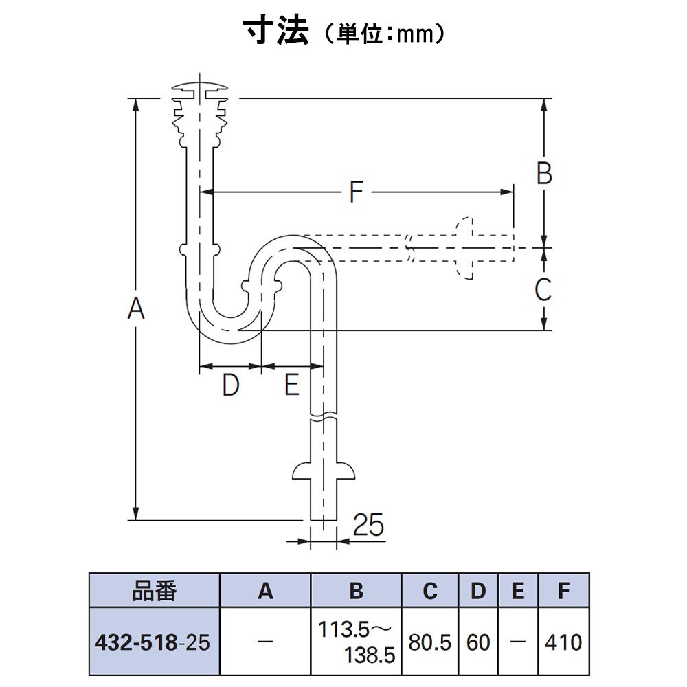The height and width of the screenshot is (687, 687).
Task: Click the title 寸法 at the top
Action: click(x=276, y=31)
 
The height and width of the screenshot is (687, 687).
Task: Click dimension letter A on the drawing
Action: click(x=136, y=308)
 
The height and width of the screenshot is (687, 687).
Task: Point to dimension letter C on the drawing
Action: click(x=543, y=289)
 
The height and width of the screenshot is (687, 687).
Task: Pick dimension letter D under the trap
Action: click(x=231, y=385)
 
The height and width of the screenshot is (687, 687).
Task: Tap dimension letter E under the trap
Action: click(x=292, y=384)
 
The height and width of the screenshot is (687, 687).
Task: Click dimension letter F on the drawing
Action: click(x=357, y=192)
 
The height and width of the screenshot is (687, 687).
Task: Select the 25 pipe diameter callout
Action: click(x=368, y=524)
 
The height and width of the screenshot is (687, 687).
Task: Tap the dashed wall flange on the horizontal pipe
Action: click(x=464, y=247)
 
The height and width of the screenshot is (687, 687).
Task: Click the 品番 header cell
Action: click(x=154, y=590)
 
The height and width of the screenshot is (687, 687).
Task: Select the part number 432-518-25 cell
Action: click(x=154, y=642)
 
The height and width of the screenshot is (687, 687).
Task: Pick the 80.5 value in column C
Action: click(x=430, y=643)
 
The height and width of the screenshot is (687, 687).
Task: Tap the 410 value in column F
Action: click(x=563, y=643)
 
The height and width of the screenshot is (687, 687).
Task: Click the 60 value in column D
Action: click(x=478, y=643)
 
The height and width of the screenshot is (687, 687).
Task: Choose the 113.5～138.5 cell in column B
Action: click(x=356, y=642)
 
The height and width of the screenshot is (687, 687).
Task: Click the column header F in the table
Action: click(x=563, y=591)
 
